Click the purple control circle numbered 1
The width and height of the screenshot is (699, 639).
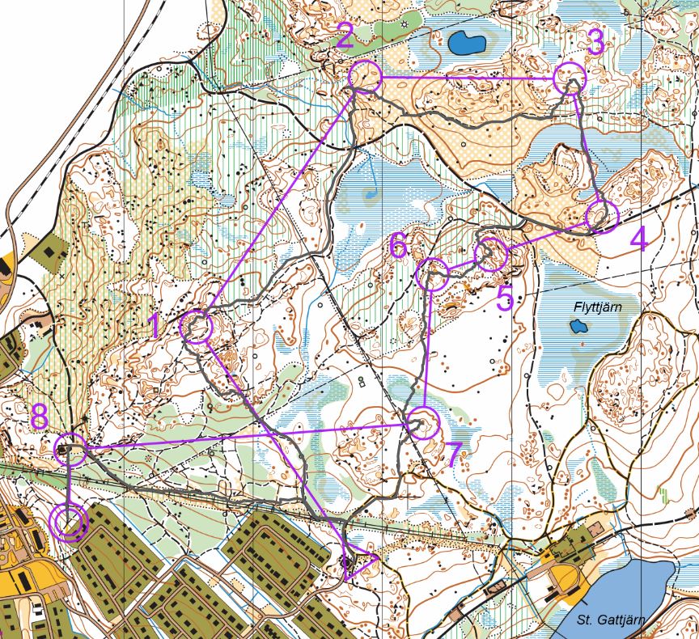tap(196, 328)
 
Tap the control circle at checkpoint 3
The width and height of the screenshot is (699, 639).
tap(570, 80)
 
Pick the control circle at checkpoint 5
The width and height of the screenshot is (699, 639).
tap(491, 255)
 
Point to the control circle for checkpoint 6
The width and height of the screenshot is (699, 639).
tap(432, 274)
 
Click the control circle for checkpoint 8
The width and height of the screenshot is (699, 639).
tap(70, 448)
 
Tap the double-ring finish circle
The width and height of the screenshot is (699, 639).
tap(69, 522)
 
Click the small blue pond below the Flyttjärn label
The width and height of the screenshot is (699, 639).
tap(578, 326)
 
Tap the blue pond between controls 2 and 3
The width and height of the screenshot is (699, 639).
tap(467, 41)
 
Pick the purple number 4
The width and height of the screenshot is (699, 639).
tap(638, 241)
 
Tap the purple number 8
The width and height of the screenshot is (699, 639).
tap(40, 418)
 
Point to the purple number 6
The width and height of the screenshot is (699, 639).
tap(398, 245)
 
